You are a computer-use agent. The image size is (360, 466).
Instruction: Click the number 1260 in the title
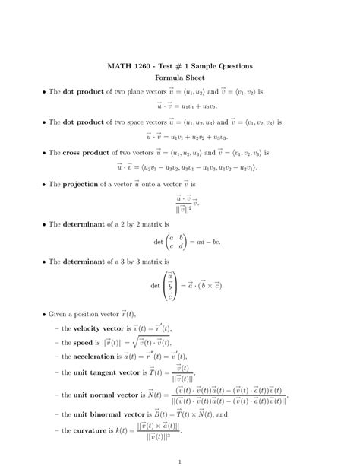[x=141, y=66]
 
